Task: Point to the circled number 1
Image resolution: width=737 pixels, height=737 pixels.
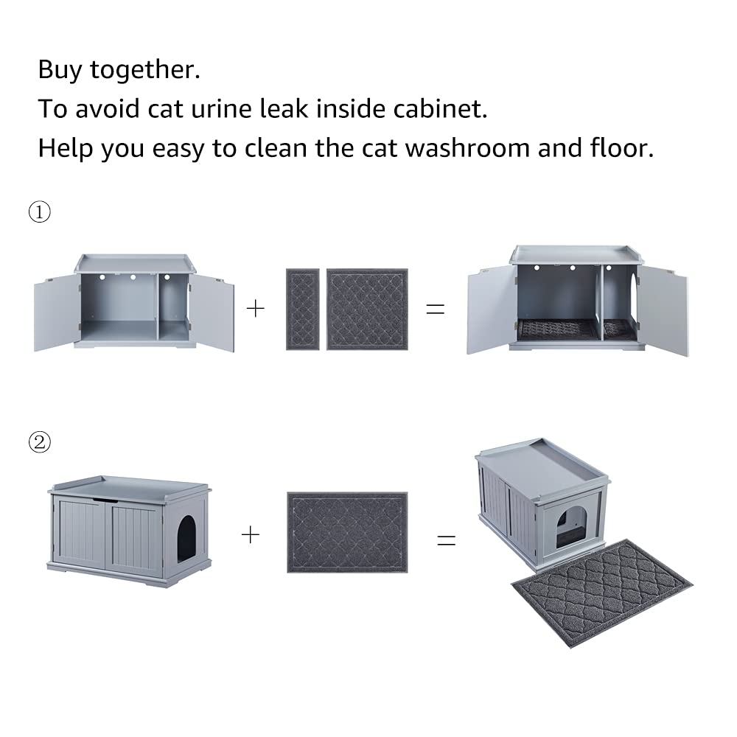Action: coord(39,212)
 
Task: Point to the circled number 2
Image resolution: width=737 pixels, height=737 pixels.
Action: coord(39,442)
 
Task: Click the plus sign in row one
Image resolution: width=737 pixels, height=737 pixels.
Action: coord(255,308)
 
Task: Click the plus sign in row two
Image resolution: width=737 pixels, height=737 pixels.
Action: coord(251,534)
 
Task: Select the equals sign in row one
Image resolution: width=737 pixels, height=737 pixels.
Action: coord(436,309)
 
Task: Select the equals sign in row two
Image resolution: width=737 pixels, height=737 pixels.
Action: coord(447,539)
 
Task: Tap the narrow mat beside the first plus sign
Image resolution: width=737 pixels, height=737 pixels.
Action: coord(302,309)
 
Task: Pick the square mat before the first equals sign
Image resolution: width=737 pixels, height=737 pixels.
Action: coord(367,309)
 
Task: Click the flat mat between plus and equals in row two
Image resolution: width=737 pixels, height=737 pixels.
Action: coord(347,532)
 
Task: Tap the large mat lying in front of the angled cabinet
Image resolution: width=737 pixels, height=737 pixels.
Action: coord(602,593)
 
